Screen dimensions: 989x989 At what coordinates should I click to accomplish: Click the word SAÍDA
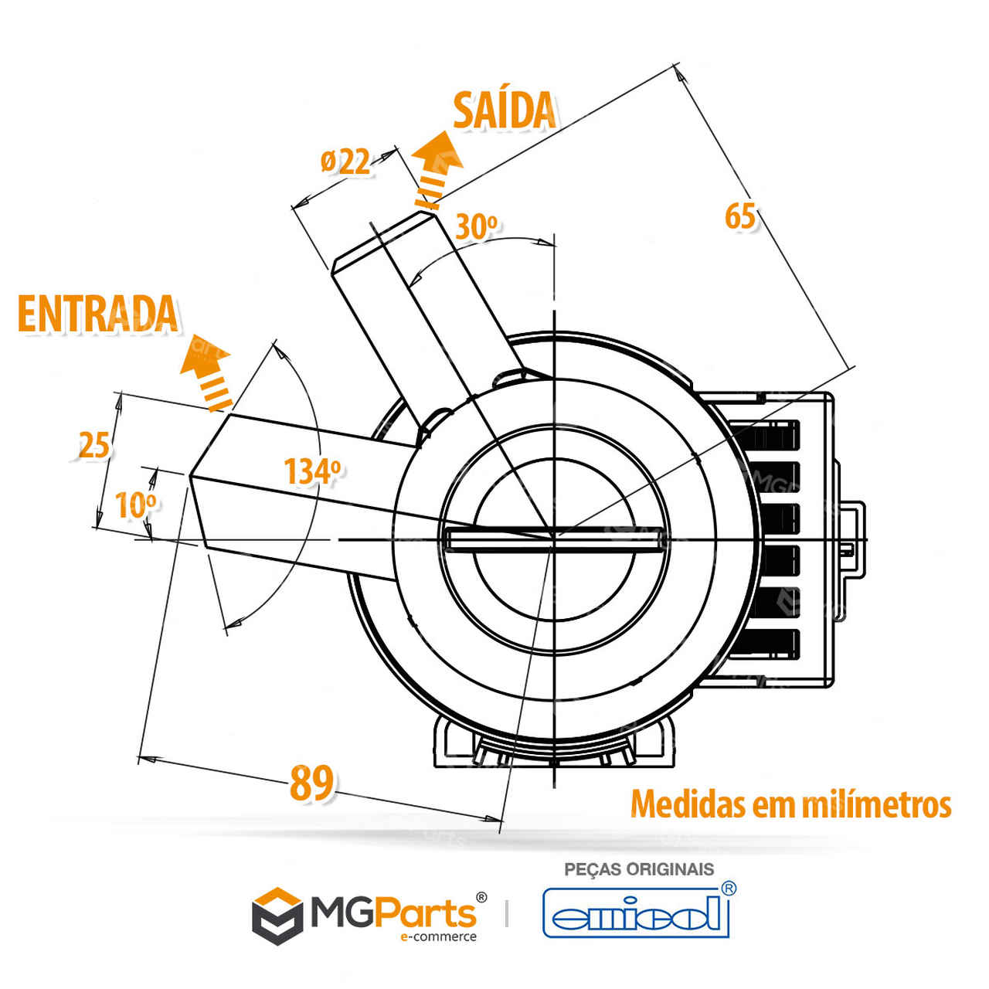(504, 110)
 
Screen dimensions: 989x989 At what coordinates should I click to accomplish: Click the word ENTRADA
(97, 314)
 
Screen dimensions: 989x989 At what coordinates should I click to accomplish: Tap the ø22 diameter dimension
(345, 162)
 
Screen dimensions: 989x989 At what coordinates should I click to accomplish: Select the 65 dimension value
(739, 216)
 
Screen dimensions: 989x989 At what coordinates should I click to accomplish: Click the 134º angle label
(311, 471)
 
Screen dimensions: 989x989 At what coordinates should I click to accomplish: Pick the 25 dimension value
(94, 446)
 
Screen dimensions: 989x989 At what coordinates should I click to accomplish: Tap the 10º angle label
(135, 505)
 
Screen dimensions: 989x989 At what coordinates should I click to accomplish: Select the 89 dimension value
(311, 783)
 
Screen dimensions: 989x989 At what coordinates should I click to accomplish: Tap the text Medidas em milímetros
(790, 804)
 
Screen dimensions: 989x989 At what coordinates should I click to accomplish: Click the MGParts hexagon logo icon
(277, 916)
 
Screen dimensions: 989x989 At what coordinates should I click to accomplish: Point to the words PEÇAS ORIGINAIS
(639, 869)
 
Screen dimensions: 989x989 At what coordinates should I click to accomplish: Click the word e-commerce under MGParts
(437, 937)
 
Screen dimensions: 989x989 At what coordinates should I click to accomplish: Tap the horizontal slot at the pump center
(553, 539)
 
